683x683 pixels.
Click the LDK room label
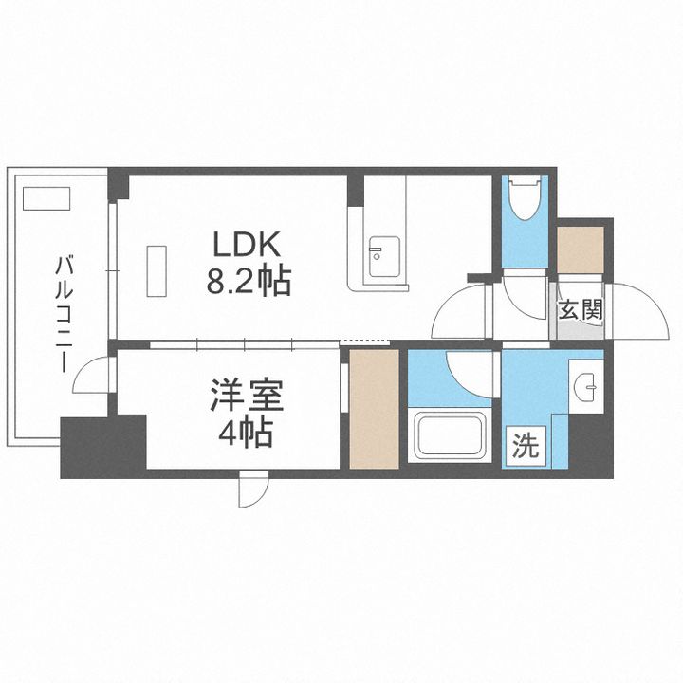pyautogui.click(x=246, y=246)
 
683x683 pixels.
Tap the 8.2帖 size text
pyautogui.click(x=246, y=281)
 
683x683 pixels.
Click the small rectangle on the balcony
pyautogui.click(x=46, y=198)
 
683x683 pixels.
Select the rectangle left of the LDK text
pyautogui.click(x=157, y=269)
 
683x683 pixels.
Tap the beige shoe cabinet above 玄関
pyautogui.click(x=580, y=249)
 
